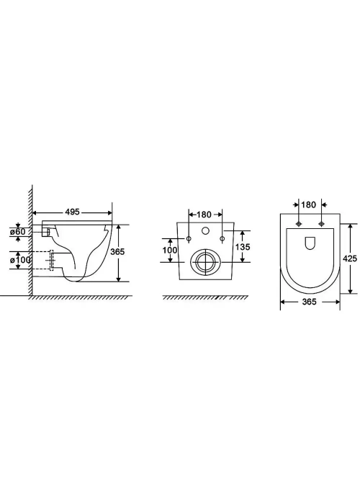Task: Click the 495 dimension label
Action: point(72,212)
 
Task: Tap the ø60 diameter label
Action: point(18,232)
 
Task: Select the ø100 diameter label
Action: point(21,260)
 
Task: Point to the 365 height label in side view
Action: point(117,252)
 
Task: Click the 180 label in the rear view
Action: point(204,215)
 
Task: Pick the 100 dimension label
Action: point(170,250)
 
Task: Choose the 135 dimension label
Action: point(243,247)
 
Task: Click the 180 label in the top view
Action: point(309,204)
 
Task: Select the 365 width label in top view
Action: point(309,302)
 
